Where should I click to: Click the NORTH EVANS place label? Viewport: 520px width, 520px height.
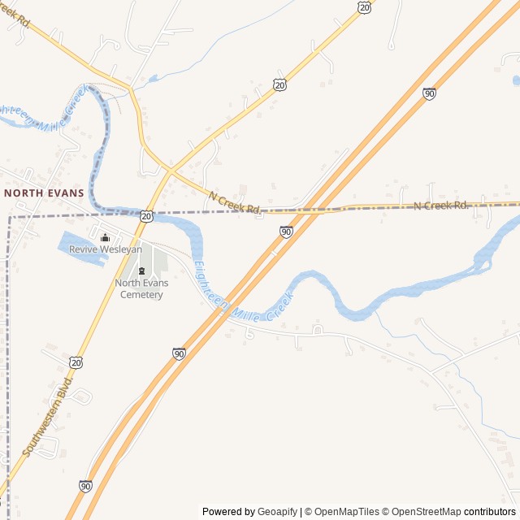44,193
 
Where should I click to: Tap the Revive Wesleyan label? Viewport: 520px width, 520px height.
105,249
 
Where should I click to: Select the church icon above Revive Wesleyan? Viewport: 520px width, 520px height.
105,237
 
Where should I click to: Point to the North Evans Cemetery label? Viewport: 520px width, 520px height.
141,288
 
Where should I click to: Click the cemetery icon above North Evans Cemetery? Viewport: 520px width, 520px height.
141,271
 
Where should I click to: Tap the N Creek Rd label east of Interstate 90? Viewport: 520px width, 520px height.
441,206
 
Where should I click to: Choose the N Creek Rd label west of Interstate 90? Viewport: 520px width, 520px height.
235,202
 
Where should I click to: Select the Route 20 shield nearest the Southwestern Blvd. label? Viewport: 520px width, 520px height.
76,362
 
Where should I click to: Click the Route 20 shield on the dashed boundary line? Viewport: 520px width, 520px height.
146,216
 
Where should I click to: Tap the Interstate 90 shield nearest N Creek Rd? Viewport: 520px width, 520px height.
286,232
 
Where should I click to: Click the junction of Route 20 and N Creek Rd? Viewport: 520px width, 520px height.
170,171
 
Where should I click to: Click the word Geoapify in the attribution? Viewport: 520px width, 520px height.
278,511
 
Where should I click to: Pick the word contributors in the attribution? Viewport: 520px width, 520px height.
490,511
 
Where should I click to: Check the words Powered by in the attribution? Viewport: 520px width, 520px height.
228,511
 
